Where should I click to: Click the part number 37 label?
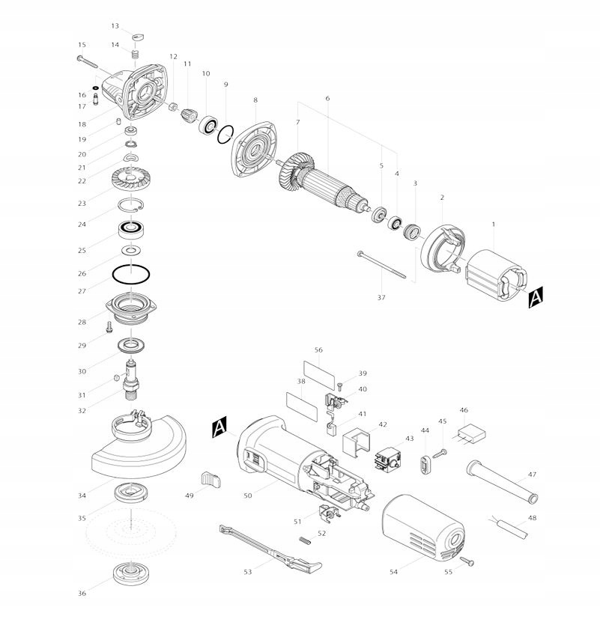pyautogui.click(x=381, y=297)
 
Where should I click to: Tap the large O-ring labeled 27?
pyautogui.click(x=131, y=275)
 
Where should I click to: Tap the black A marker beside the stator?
pyautogui.click(x=535, y=299)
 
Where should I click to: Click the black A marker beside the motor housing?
pyautogui.click(x=219, y=427)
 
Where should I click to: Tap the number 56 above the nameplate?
pyautogui.click(x=318, y=350)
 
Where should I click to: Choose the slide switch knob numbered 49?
pyautogui.click(x=211, y=478)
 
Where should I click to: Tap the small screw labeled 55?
pyautogui.click(x=467, y=561)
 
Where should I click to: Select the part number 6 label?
pyautogui.click(x=327, y=99)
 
